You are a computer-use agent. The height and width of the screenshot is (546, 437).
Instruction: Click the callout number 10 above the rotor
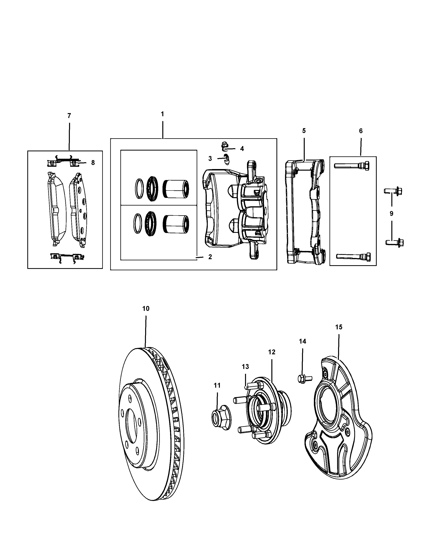click(x=146, y=308)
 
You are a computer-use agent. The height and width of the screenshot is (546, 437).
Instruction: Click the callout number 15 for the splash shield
click(x=338, y=327)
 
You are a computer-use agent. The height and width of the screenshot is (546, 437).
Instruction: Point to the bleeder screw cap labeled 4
click(x=224, y=145)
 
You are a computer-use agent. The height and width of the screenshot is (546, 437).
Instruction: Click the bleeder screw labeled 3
click(x=226, y=159)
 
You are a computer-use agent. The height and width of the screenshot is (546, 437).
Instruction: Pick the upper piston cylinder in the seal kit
click(x=176, y=189)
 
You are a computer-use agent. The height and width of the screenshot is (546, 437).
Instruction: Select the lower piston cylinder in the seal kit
click(x=176, y=224)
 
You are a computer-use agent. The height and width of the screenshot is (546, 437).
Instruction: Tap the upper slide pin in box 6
click(x=352, y=166)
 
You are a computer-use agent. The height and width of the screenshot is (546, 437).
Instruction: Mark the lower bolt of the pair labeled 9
click(x=395, y=243)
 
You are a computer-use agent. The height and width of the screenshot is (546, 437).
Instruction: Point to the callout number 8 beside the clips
click(x=93, y=163)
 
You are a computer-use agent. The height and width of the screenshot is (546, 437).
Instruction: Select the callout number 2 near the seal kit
click(x=210, y=257)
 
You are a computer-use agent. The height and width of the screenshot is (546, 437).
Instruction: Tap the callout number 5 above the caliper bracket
click(x=304, y=131)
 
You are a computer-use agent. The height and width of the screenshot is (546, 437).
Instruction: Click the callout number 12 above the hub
click(x=272, y=352)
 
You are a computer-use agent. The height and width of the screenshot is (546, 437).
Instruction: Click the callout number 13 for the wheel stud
click(x=245, y=366)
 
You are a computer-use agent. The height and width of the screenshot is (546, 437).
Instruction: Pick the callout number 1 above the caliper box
click(x=162, y=114)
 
